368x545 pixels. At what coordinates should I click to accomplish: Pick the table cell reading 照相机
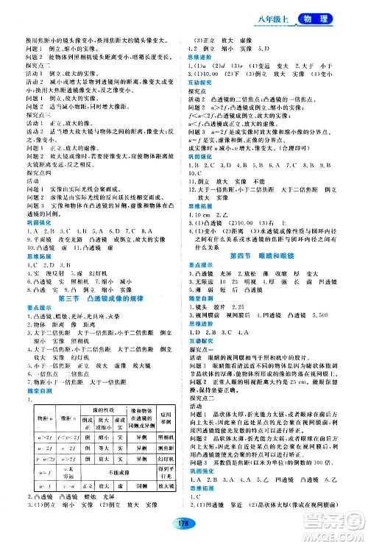click(163, 435)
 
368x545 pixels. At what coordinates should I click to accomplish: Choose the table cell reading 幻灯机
click(163, 458)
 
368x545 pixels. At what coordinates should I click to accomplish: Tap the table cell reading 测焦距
click(163, 446)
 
